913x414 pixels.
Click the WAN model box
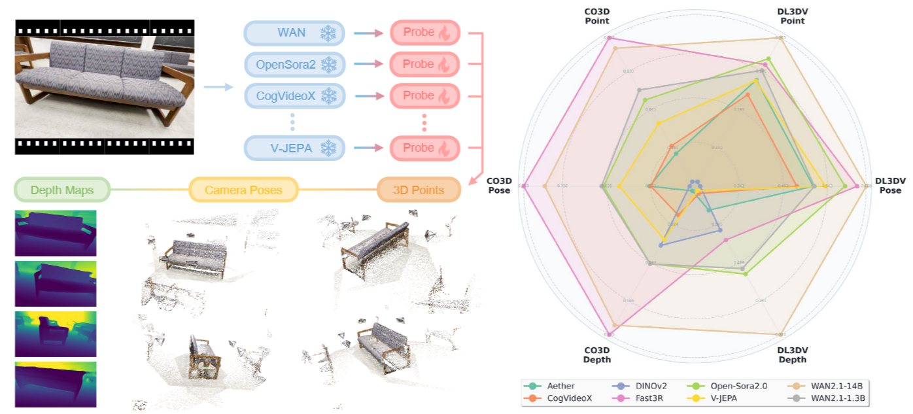coord(294,33)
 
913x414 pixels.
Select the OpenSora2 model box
coord(294,64)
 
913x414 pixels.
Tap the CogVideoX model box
coord(294,96)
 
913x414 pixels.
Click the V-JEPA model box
coord(294,148)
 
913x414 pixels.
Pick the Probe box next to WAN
coord(425,33)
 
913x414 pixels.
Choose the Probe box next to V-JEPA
coord(425,148)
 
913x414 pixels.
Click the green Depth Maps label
coord(61,190)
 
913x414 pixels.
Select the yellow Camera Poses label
coord(243,190)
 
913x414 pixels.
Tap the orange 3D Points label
coord(419,190)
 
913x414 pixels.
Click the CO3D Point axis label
coord(596,16)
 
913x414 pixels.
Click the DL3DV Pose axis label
coord(890,186)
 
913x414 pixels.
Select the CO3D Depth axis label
coord(596,355)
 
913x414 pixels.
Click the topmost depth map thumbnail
coord(56,233)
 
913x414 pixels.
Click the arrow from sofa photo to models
coord(218,86)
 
